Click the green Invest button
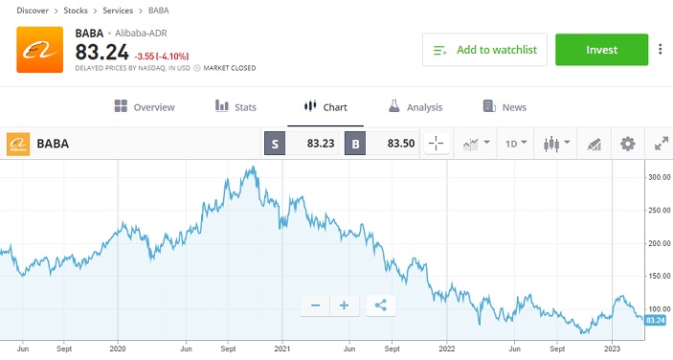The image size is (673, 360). coord(601,50)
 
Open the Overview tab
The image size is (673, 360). coord(144,107)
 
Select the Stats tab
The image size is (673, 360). coord(236,107)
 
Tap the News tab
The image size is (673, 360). coord(505,107)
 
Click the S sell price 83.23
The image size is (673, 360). coord(305,145)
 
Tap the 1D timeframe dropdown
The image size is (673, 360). coord(516,145)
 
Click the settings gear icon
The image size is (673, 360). coord(628,145)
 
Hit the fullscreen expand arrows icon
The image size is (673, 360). coord(661,145)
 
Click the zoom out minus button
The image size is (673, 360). coord(314,305)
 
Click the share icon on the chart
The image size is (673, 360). coord(380,305)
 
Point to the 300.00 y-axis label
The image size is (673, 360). coord(657,177)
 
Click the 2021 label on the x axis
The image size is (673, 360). coord(282,349)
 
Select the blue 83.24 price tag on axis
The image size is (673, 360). coord(656,320)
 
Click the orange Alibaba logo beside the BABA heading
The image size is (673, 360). coord(40,50)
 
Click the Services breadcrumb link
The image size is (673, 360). coord(117,11)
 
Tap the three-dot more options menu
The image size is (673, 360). coord(661,50)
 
